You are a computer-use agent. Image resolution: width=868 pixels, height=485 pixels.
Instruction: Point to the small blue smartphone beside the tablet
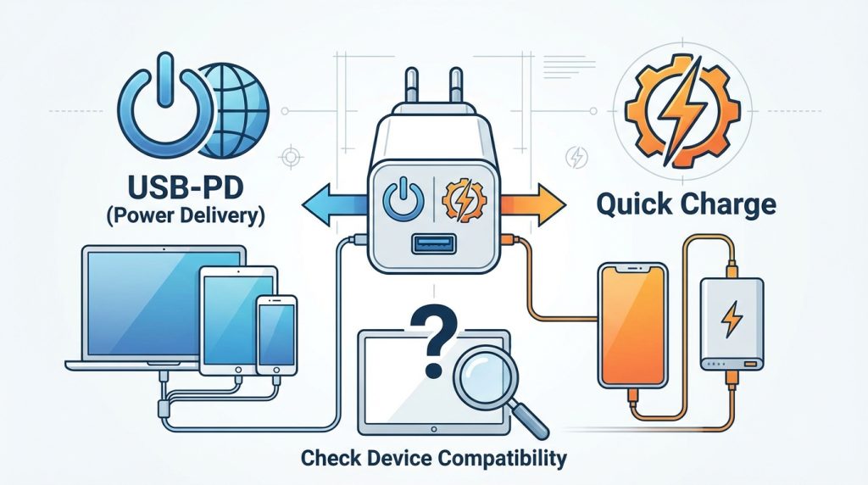pyautogui.click(x=276, y=335)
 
